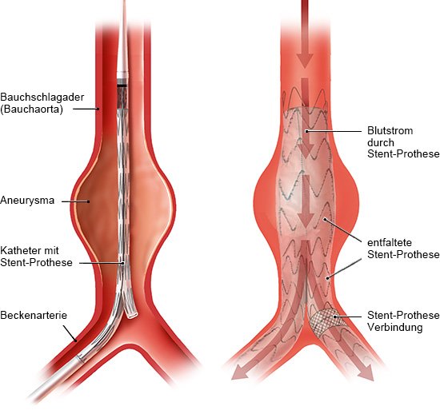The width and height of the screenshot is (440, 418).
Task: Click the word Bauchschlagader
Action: (42, 97)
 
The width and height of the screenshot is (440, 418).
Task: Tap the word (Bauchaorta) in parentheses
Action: (31, 109)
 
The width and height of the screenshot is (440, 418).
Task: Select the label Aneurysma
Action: (27, 200)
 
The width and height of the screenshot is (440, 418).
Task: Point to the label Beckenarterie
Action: (34, 315)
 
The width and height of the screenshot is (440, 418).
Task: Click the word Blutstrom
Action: (390, 130)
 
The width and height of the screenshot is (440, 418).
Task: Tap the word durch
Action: (381, 142)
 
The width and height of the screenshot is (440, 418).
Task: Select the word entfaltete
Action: (390, 242)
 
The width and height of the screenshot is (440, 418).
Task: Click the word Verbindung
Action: (395, 327)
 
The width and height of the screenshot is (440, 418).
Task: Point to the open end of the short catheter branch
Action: (132, 316)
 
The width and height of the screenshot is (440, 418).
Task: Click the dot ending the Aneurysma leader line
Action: (88, 201)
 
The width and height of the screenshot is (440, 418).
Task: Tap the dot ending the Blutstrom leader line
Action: (306, 131)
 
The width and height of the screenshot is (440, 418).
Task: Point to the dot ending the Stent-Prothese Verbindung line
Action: (334, 316)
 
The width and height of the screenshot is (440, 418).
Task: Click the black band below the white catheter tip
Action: (122, 85)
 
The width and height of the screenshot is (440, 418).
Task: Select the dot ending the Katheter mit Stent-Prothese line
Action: (122, 263)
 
